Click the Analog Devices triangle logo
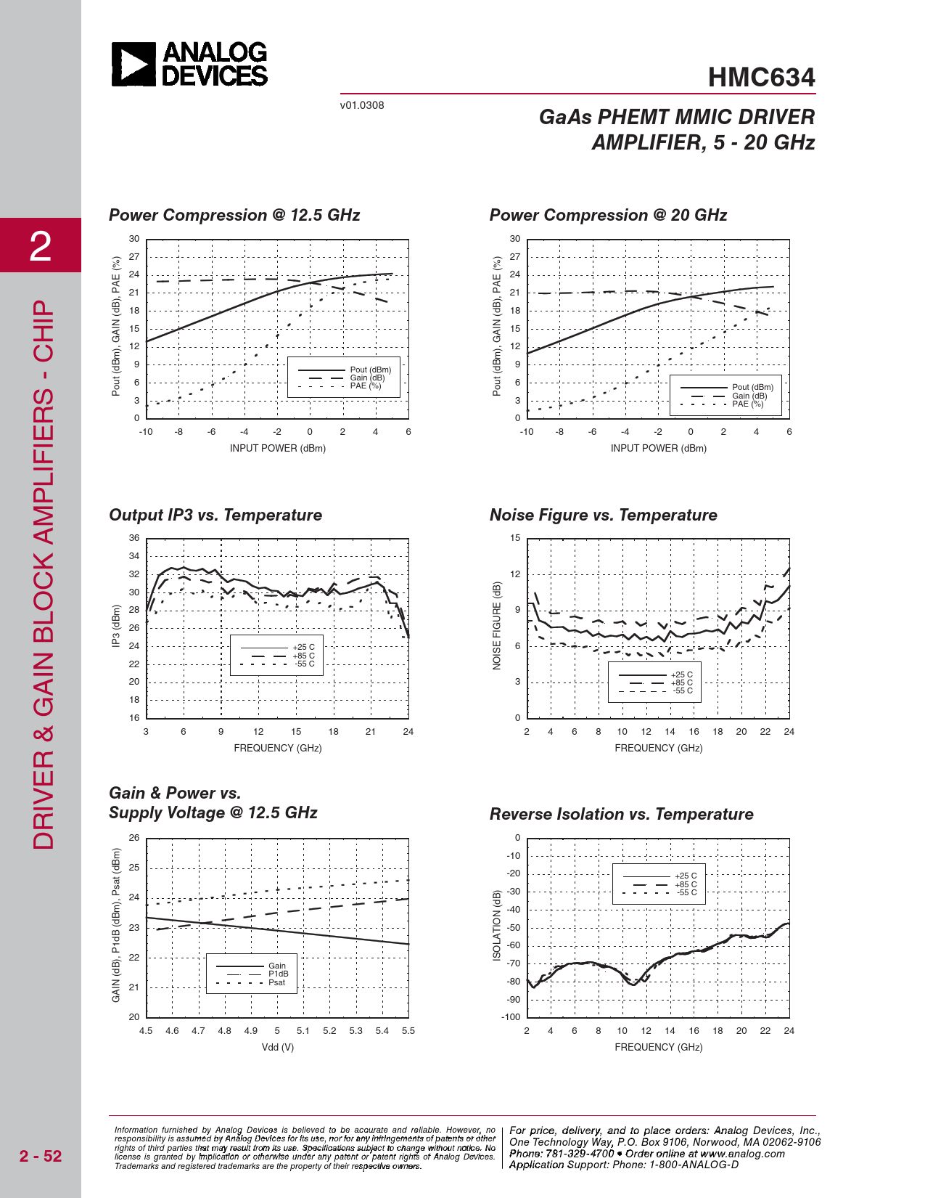tap(133, 64)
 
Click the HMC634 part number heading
tap(761, 78)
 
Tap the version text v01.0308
tap(362, 105)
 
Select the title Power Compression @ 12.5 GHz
tap(234, 215)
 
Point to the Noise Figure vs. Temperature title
tap(603, 515)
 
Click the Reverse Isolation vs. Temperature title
tap(621, 814)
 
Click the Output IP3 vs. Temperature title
tap(215, 515)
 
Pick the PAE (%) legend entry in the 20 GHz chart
tap(747, 404)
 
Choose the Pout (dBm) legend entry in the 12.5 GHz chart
tap(370, 370)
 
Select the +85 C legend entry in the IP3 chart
tap(303, 656)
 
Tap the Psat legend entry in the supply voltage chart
tap(276, 982)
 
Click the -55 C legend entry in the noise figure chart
tap(682, 690)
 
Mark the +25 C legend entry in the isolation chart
tap(686, 876)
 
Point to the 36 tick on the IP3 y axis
tap(134, 538)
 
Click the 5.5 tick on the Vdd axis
tap(408, 1031)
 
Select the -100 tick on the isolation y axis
tap(511, 1016)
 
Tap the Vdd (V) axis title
tap(278, 1047)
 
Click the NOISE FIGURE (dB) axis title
tap(497, 626)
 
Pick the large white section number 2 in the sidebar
tap(41, 246)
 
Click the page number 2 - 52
tap(41, 1156)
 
